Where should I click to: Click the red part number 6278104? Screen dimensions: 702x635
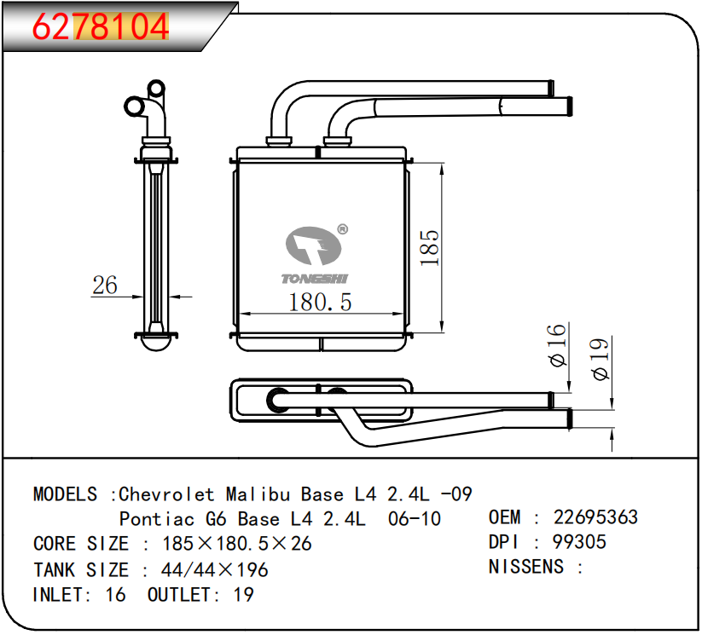click(x=101, y=27)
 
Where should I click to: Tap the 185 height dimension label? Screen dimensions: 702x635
click(x=430, y=248)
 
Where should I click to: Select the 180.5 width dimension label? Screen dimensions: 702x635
click(x=320, y=302)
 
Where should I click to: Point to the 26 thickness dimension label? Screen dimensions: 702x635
click(x=105, y=285)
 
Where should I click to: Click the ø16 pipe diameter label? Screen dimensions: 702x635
click(x=558, y=345)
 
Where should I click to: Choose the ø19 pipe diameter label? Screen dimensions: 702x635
click(x=600, y=360)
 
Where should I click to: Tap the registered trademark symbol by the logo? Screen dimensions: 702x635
click(x=342, y=229)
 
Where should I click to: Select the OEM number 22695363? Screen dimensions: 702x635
click(x=595, y=517)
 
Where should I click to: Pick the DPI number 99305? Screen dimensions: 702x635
click(x=579, y=542)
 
